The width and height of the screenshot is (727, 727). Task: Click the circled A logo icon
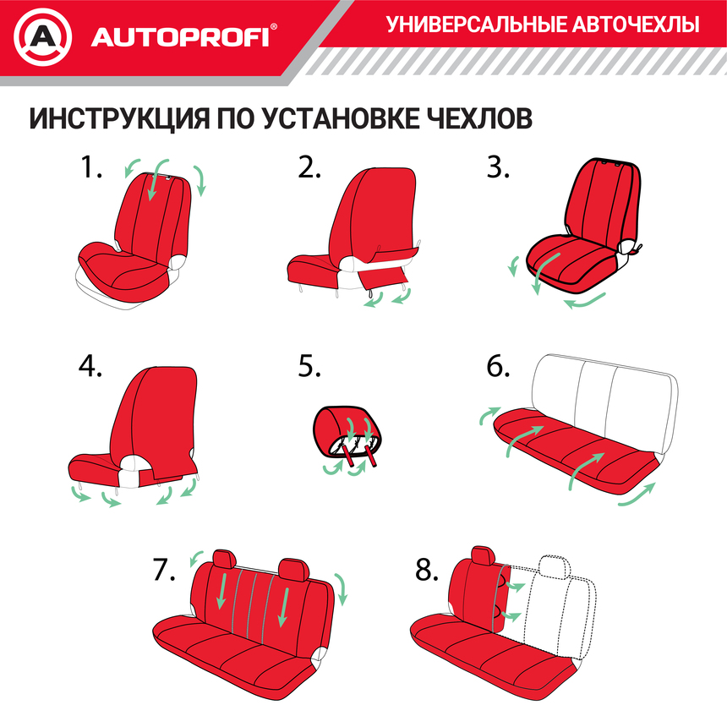[x=45, y=37]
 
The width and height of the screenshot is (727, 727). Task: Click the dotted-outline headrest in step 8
[x=553, y=565]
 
